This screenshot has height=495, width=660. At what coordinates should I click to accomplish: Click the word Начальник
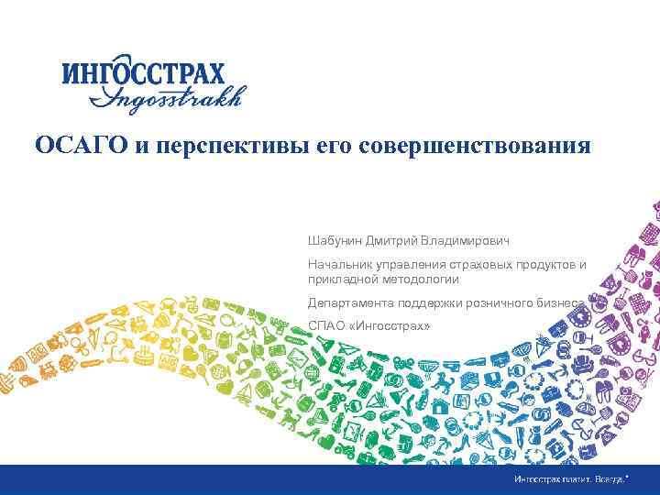pyautogui.click(x=338, y=265)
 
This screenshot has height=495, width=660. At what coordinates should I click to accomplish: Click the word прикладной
pyautogui.click(x=341, y=279)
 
